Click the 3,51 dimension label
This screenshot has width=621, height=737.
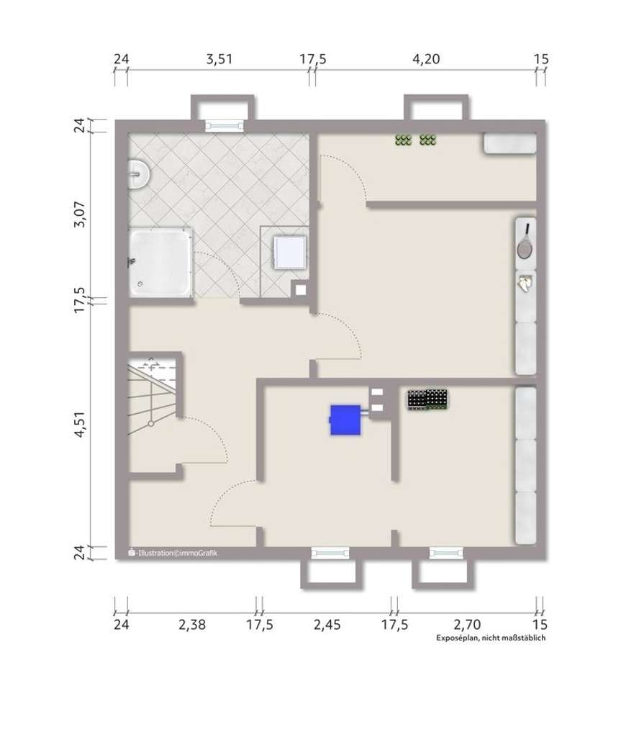[219, 59]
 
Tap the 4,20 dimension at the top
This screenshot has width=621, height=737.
[426, 59]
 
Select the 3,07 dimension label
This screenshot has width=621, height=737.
[80, 214]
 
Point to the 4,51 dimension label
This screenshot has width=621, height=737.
[80, 425]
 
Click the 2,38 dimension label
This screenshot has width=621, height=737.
[192, 625]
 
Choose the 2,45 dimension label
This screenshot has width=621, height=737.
[327, 625]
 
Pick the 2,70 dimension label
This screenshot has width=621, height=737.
[467, 625]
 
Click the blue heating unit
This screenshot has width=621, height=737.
[346, 420]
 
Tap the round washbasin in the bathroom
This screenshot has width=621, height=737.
[139, 174]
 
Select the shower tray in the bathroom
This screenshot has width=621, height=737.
[160, 263]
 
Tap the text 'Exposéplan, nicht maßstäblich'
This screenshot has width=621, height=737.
[491, 638]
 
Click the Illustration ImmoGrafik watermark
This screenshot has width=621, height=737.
[173, 553]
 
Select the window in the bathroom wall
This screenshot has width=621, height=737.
[225, 125]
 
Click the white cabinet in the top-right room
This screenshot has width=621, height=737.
[510, 144]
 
